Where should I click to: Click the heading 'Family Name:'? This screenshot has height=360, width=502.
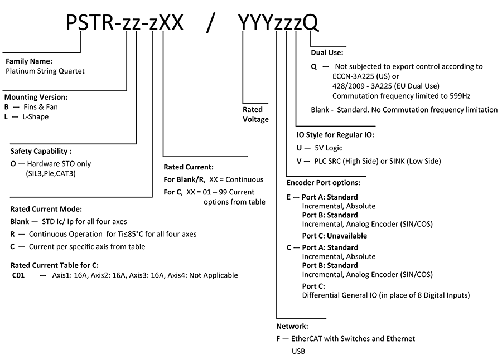(x=29, y=61)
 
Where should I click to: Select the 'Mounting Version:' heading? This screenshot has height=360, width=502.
(x=36, y=97)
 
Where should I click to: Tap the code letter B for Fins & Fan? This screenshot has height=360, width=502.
(x=6, y=107)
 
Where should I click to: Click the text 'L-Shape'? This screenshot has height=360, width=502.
(x=36, y=117)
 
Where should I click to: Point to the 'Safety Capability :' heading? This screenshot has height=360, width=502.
(x=41, y=152)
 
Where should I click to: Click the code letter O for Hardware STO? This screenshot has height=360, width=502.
(x=13, y=164)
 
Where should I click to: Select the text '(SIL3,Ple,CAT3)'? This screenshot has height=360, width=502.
(x=51, y=174)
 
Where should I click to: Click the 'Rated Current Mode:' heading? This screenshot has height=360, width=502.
(x=46, y=209)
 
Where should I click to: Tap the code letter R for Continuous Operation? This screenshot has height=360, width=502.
(x=12, y=234)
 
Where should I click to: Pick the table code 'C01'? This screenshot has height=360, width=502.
(x=18, y=275)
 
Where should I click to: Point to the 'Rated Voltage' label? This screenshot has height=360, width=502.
(x=255, y=114)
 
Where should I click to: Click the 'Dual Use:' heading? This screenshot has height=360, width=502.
(x=327, y=52)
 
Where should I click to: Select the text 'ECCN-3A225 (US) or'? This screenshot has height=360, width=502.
(x=365, y=76)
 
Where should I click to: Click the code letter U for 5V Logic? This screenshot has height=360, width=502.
(x=299, y=148)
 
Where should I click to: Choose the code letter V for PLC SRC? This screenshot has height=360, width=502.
(x=299, y=161)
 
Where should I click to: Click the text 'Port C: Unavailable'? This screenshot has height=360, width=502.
(x=335, y=236)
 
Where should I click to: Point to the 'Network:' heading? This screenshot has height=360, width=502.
(x=292, y=327)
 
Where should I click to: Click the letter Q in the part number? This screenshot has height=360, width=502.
(x=311, y=23)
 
